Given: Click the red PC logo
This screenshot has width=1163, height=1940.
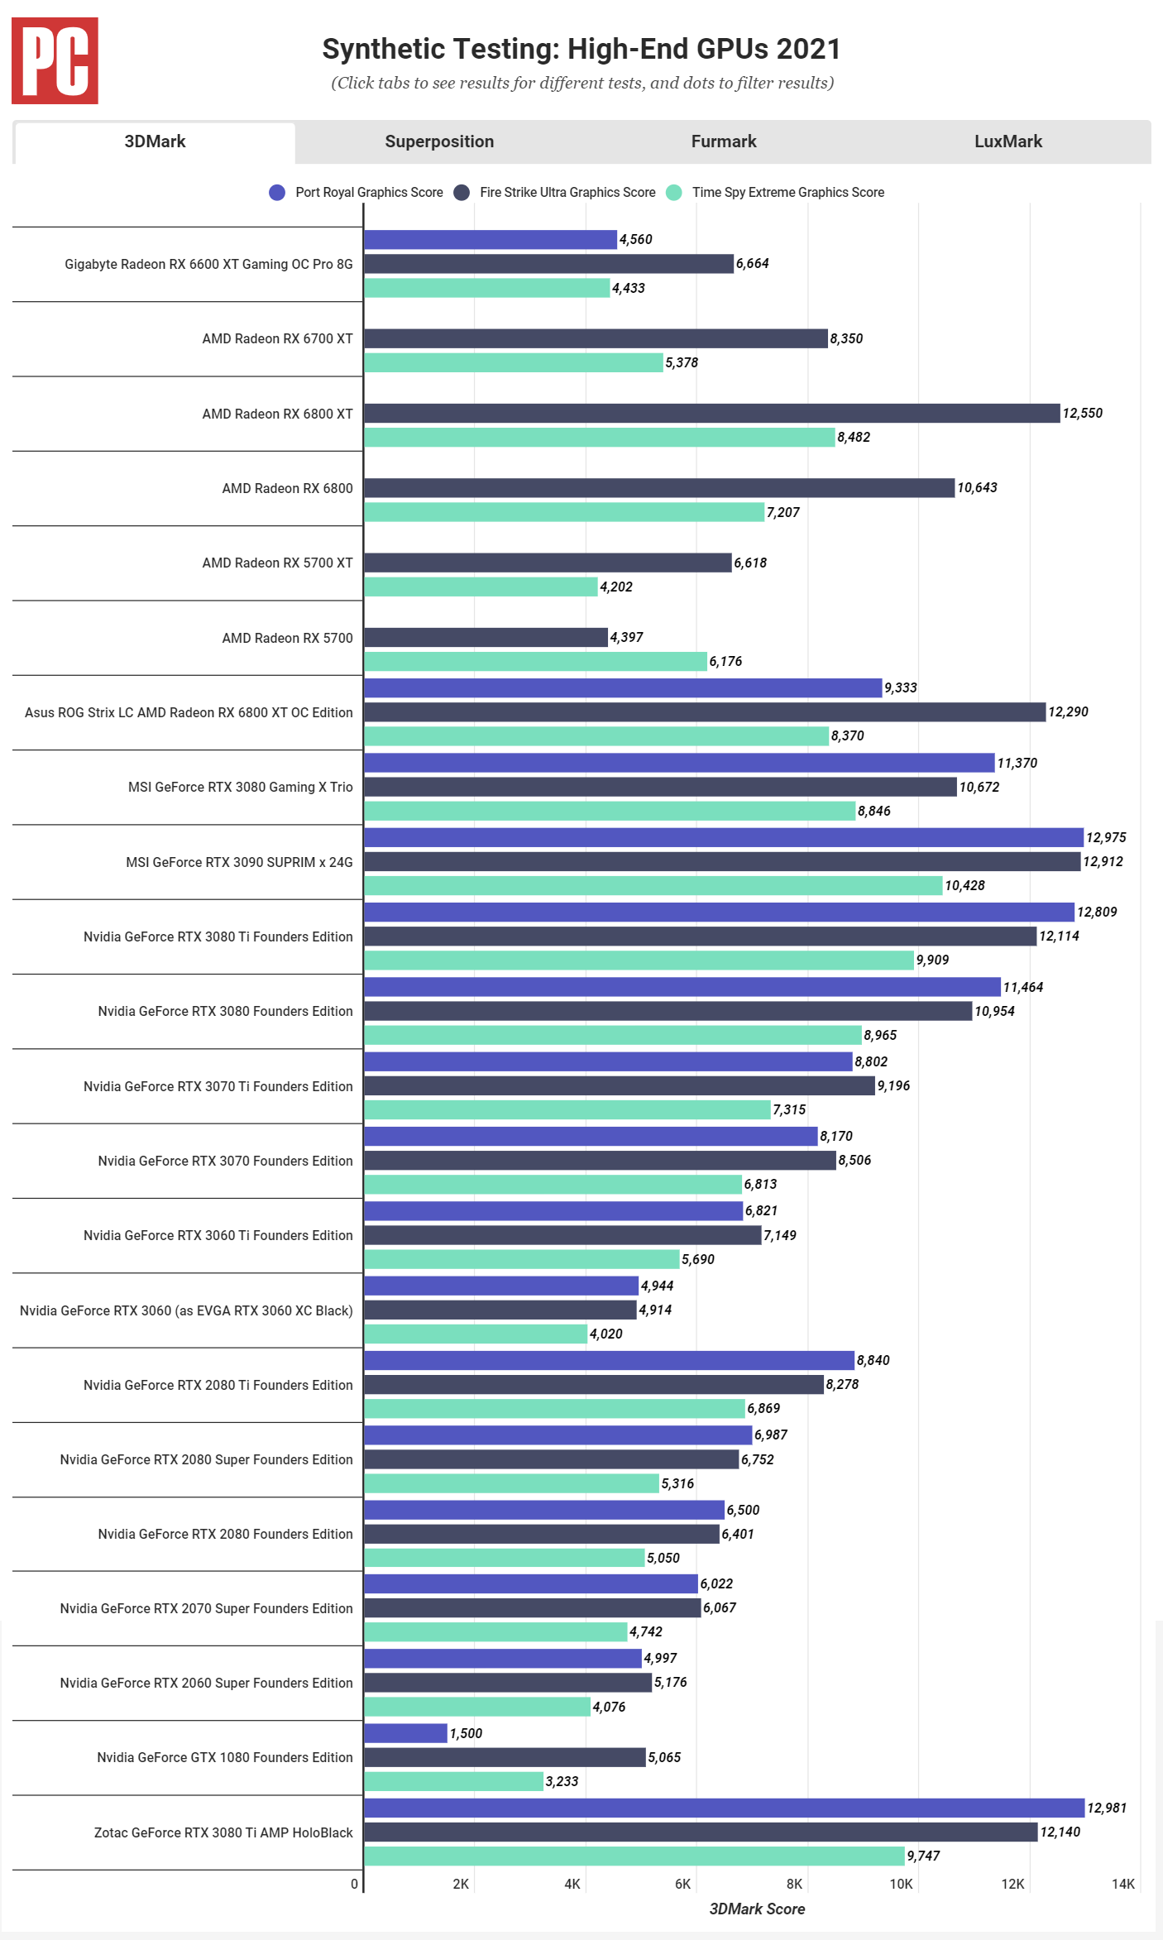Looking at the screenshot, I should [55, 61].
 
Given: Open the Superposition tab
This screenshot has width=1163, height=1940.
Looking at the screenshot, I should [439, 141].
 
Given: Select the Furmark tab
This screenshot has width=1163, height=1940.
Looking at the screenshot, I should [724, 141].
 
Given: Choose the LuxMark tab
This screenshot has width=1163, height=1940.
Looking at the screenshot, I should [1007, 141].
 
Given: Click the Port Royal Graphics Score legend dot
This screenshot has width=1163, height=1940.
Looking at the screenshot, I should [277, 193].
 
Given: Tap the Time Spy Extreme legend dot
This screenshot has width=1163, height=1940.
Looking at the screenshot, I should [674, 193].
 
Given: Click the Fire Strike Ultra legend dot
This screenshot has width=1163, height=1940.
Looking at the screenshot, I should [462, 193].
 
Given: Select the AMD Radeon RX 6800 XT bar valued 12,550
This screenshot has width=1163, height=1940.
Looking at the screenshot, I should [711, 413].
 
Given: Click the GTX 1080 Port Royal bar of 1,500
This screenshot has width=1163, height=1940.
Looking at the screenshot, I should [405, 1733].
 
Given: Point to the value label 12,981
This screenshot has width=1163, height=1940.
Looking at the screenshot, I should [1107, 1808].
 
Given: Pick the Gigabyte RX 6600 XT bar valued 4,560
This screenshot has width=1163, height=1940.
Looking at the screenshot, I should [491, 239].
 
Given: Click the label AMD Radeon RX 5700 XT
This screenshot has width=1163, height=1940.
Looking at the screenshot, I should [277, 563].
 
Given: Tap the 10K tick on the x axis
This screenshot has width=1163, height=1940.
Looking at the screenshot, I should [901, 1884].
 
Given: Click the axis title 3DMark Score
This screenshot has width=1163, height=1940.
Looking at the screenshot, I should [757, 1909].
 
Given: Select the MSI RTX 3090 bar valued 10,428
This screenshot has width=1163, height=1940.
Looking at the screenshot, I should [653, 885].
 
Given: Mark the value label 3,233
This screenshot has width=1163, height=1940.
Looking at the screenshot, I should [562, 1781].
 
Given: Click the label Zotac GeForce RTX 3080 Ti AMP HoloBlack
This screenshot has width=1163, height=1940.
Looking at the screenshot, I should [223, 1832].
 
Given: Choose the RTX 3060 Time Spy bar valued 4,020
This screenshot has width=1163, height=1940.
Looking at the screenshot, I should [476, 1334].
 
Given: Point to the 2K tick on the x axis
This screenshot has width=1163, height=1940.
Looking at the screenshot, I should [461, 1884].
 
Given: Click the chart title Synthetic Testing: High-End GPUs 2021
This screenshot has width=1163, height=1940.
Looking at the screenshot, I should [581, 49].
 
